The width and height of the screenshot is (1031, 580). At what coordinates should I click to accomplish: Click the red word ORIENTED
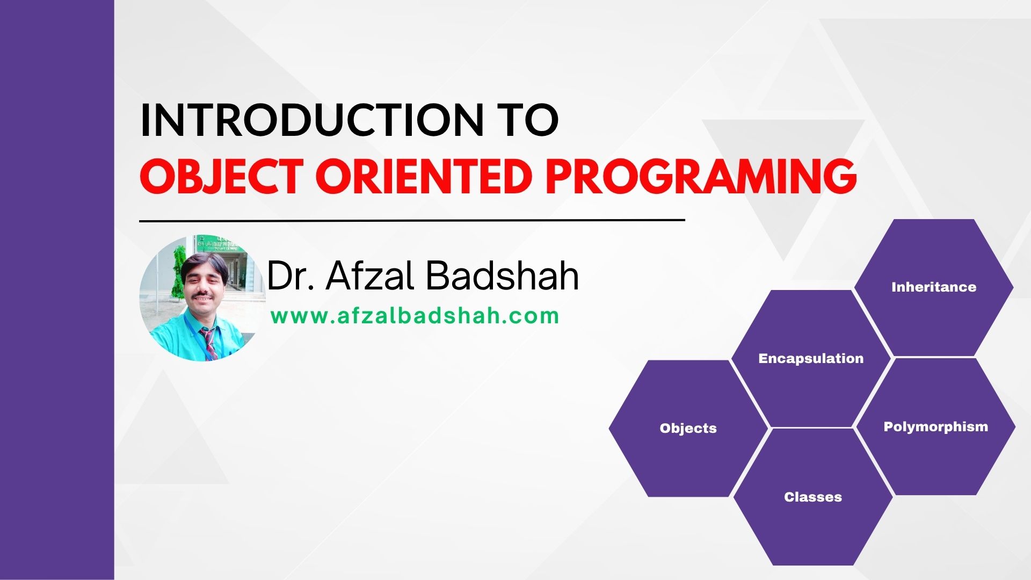click(x=424, y=176)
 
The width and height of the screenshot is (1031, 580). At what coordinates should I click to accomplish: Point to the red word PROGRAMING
click(x=701, y=176)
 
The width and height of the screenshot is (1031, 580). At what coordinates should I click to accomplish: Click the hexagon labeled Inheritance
click(x=934, y=287)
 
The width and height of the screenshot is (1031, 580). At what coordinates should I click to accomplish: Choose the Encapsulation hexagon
click(x=811, y=358)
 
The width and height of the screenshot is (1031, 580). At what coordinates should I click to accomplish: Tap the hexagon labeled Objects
click(x=688, y=428)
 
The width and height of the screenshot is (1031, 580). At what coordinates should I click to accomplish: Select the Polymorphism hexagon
click(x=935, y=426)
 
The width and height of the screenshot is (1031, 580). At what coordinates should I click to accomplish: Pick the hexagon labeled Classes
click(x=813, y=497)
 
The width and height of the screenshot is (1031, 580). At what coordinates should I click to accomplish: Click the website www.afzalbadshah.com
click(x=415, y=316)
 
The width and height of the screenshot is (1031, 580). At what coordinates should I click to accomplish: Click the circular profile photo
click(x=202, y=298)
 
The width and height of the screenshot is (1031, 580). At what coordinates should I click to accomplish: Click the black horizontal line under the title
click(x=412, y=220)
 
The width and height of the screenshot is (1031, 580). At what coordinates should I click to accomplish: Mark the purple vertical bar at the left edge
click(x=57, y=290)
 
